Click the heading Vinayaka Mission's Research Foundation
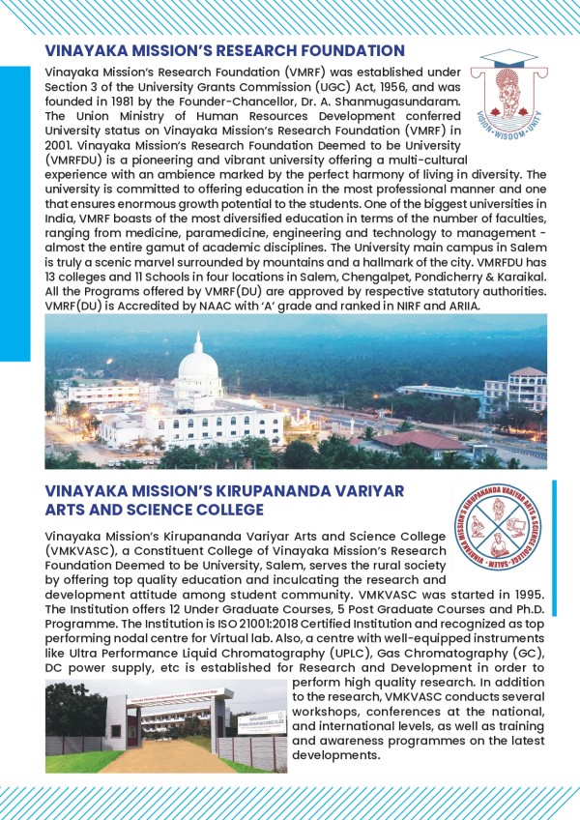click(224, 49)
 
